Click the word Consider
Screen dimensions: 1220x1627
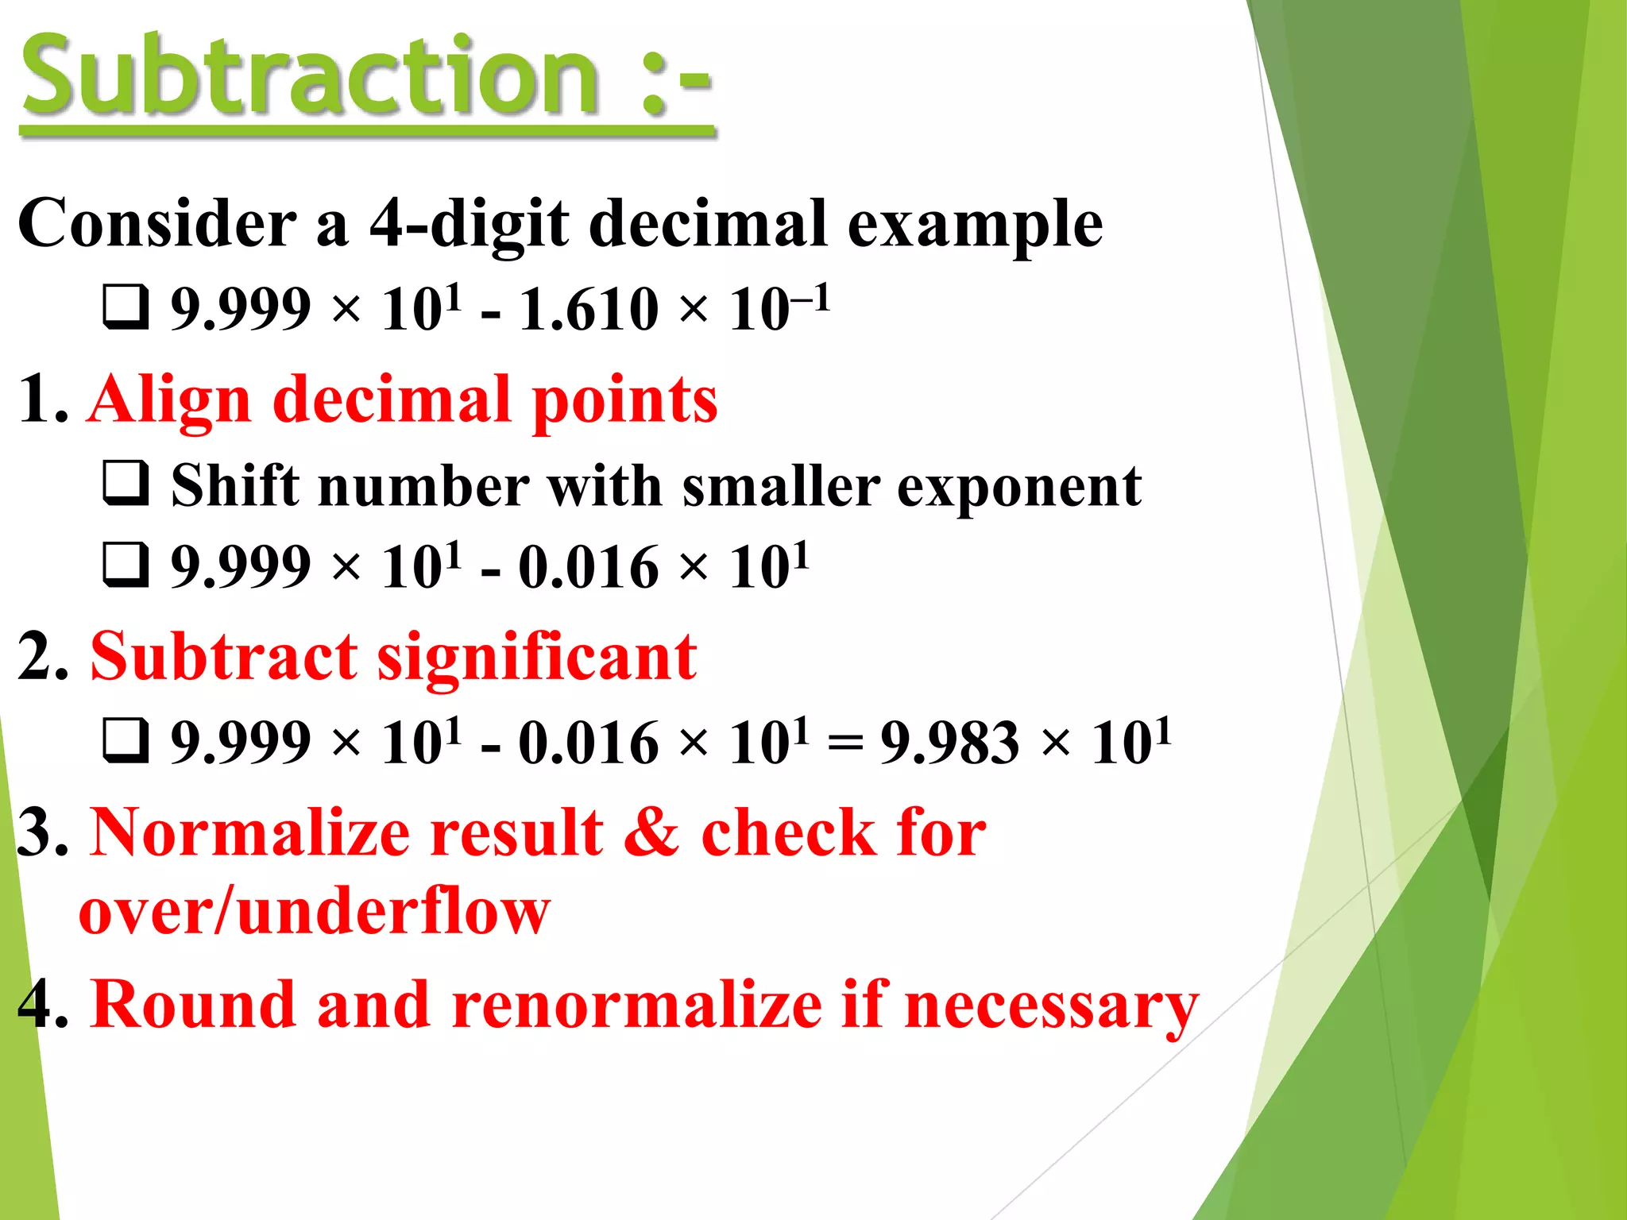(x=157, y=224)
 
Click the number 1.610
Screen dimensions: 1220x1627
(x=589, y=309)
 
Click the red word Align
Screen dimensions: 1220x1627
(x=170, y=402)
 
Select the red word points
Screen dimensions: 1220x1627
(x=624, y=402)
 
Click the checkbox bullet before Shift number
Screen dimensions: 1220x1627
(x=126, y=483)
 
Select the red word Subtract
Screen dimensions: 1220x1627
(x=223, y=657)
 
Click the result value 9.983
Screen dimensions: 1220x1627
(x=949, y=743)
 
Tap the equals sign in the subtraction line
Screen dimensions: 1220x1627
(x=844, y=743)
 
